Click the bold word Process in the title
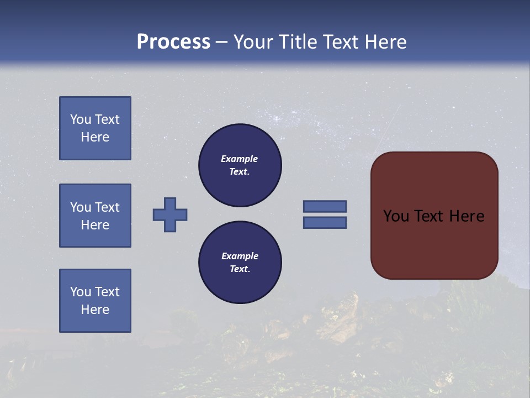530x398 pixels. [173, 42]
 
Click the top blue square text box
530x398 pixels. [95, 128]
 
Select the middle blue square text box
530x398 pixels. [95, 216]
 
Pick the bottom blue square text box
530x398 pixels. [95, 301]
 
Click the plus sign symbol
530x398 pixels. [170, 214]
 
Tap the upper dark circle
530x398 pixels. [240, 165]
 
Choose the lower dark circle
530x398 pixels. [240, 263]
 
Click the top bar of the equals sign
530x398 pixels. [325, 206]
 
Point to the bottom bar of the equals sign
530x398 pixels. [325, 223]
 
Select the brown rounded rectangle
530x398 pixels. [434, 216]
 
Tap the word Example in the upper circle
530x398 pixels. [240, 159]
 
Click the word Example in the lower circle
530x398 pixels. [240, 256]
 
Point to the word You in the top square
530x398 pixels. [81, 119]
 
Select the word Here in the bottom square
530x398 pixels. [95, 310]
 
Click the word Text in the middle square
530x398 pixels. [107, 207]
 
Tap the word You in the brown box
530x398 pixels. [396, 216]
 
